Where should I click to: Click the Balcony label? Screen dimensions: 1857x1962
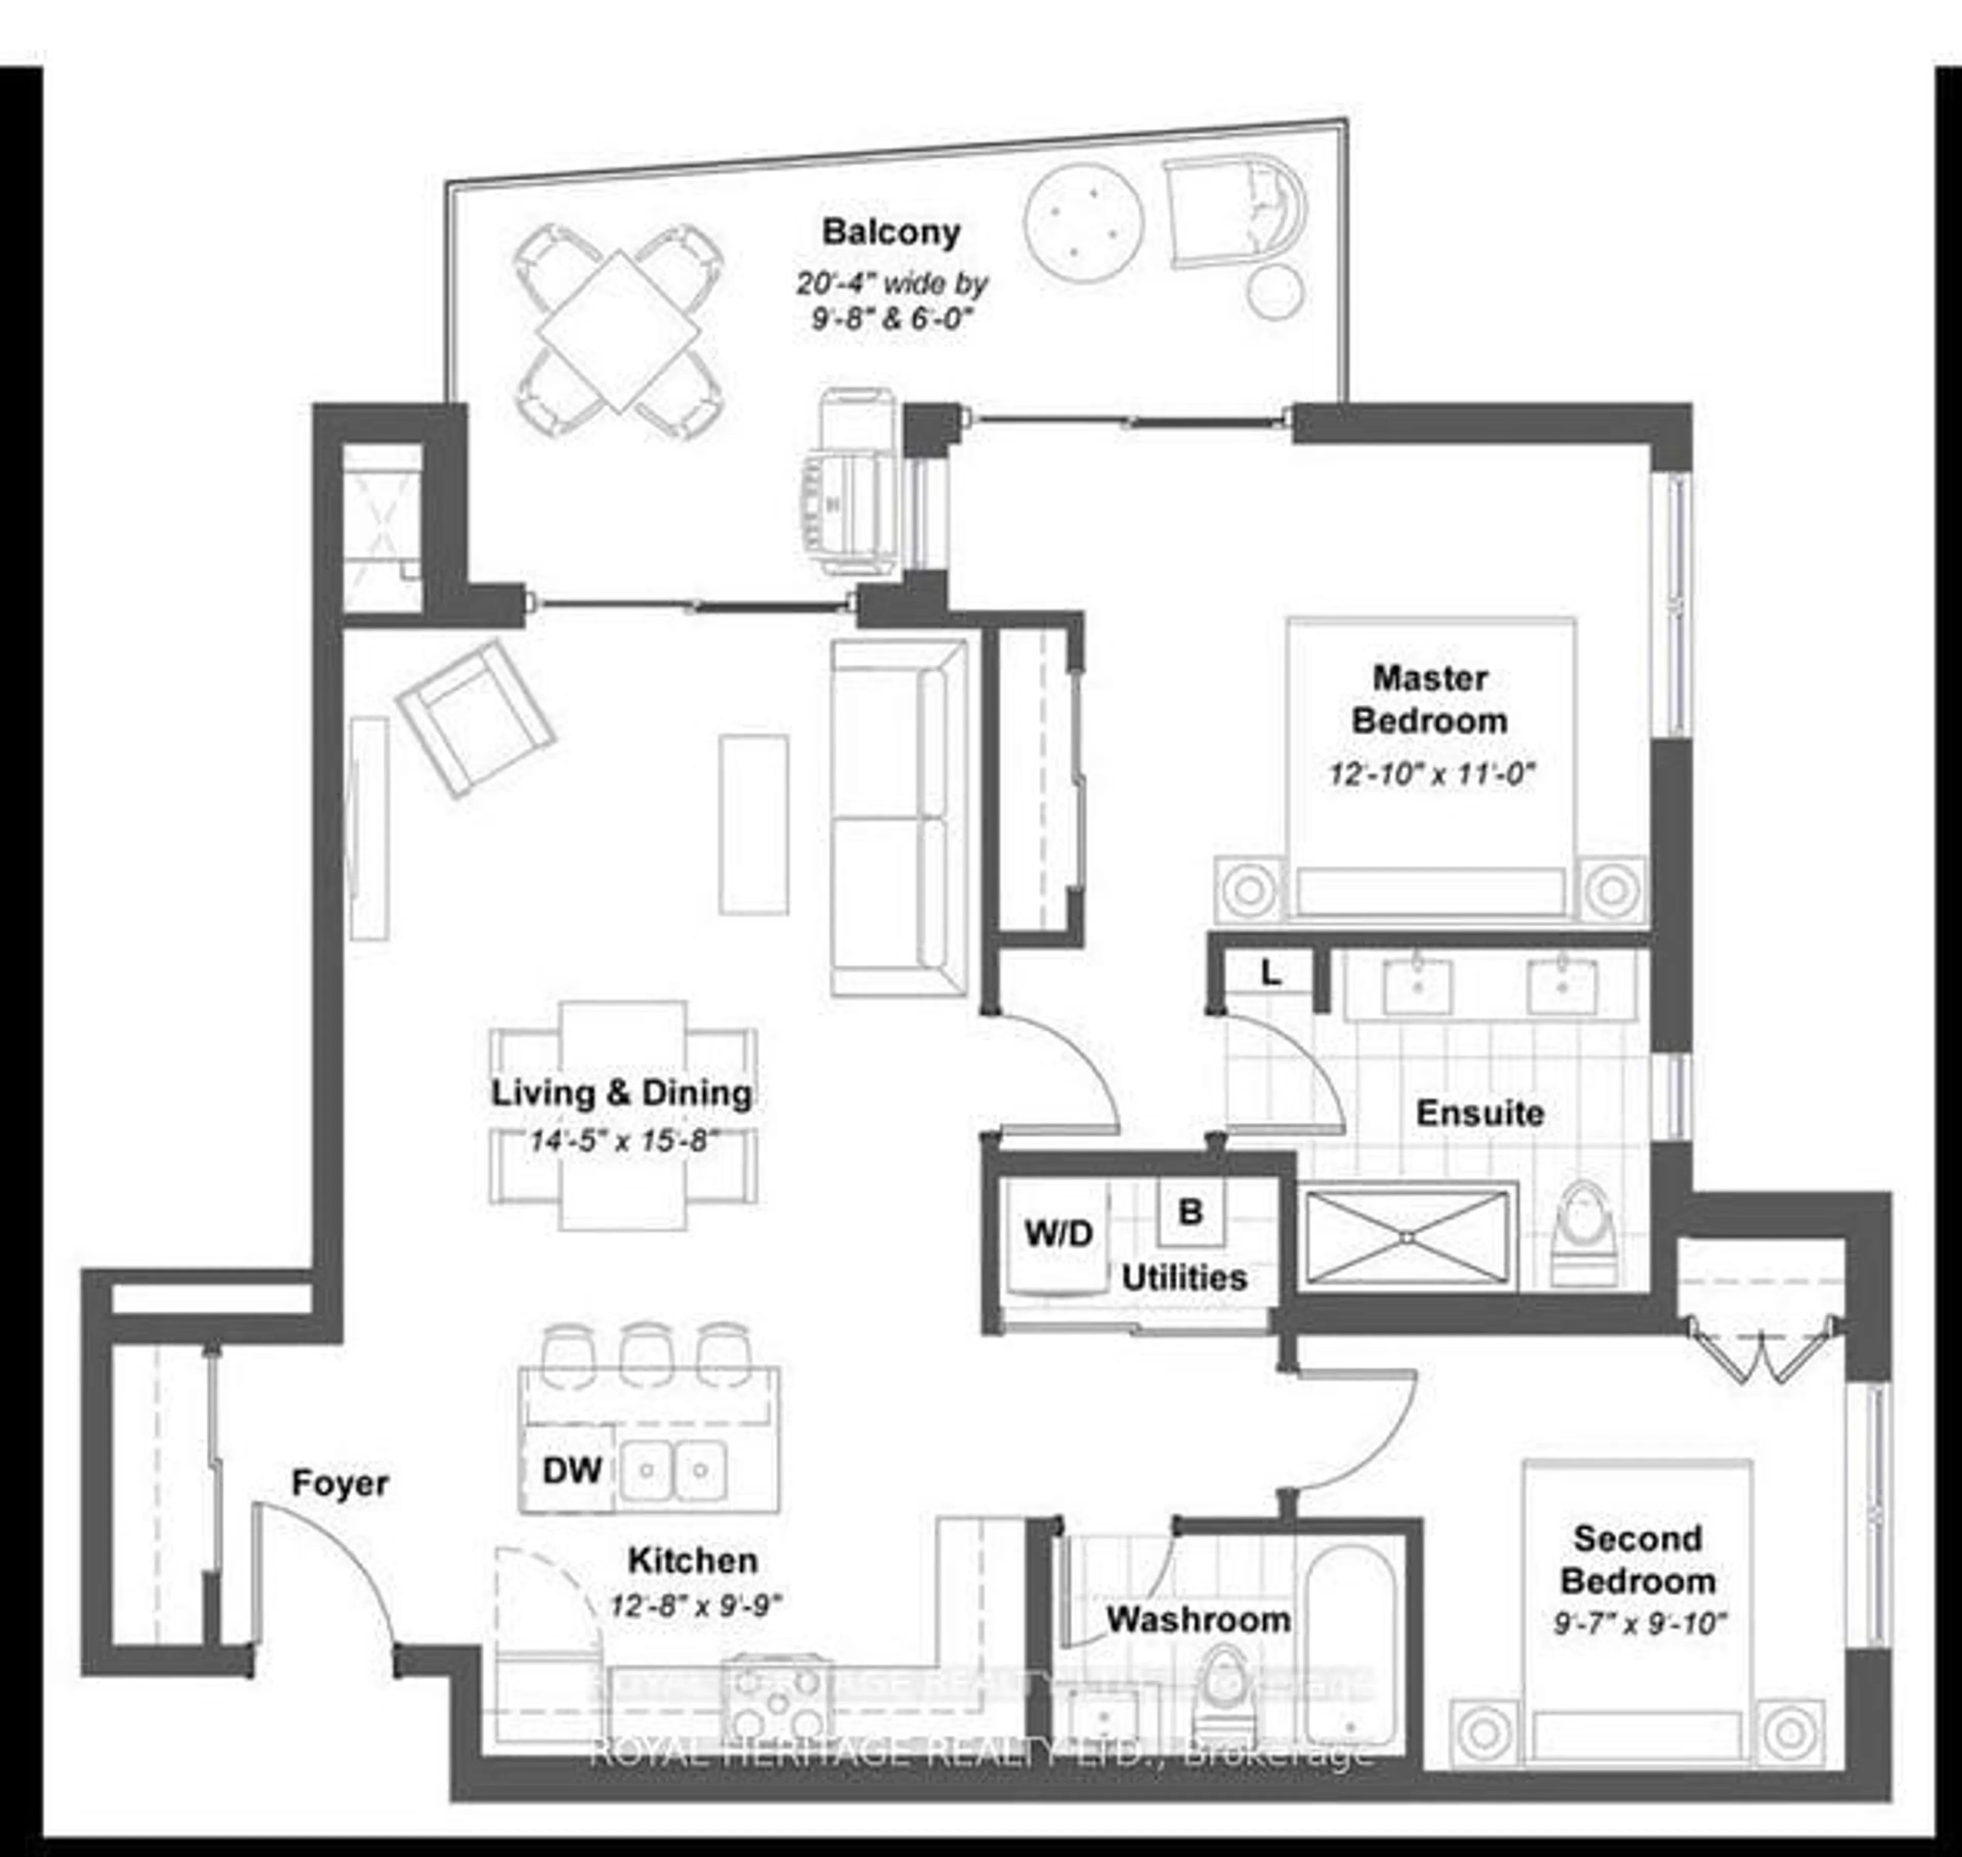click(x=891, y=233)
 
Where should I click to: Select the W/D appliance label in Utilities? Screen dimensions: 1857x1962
click(x=1058, y=1234)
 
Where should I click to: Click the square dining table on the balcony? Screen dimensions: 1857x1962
click(x=619, y=331)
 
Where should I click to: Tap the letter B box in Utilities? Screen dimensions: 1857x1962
click(x=1191, y=1212)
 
